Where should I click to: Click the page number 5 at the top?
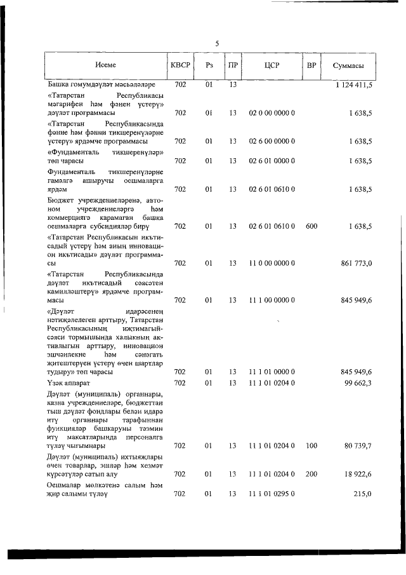pos(217,43)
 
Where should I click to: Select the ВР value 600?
pos(311,226)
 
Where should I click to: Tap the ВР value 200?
pos(311,473)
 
